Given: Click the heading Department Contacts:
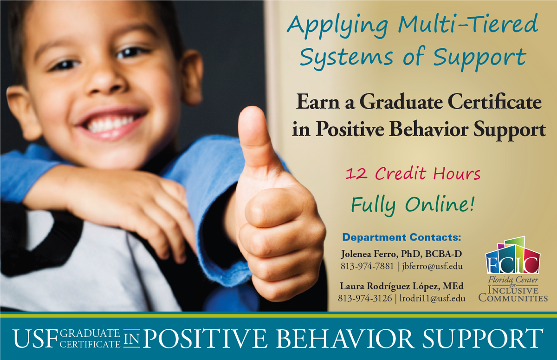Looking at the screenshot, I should click(x=401, y=238).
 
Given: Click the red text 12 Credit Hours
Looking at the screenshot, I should click(x=413, y=175).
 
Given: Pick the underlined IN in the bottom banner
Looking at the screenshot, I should click(x=131, y=339).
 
